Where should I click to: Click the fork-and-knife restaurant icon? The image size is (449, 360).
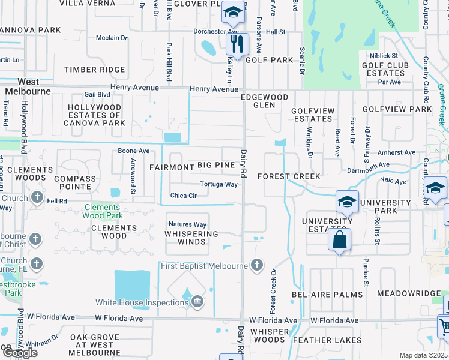tap(237, 44)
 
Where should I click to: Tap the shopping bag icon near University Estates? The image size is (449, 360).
tap(339, 239)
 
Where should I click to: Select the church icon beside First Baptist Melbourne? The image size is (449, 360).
tap(257, 264)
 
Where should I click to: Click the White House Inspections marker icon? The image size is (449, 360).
tap(196, 302)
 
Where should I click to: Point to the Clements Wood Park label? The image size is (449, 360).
tap(102, 211)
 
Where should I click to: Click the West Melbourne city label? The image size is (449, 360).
tap(28, 86)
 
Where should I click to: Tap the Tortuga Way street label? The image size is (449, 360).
tap(218, 184)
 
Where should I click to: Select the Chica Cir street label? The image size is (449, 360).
tap(184, 196)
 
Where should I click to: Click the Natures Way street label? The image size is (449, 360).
tap(187, 224)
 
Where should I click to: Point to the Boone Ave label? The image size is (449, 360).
tap(133, 151)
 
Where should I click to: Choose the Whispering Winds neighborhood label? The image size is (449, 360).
tap(191, 238)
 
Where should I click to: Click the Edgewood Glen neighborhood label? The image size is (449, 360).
tap(264, 101)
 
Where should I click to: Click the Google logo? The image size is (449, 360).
tap(19, 353)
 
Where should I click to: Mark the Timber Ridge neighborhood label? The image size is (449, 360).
tap(95, 70)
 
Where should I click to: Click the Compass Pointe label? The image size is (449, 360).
tap(74, 183)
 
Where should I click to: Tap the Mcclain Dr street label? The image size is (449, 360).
tap(112, 38)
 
